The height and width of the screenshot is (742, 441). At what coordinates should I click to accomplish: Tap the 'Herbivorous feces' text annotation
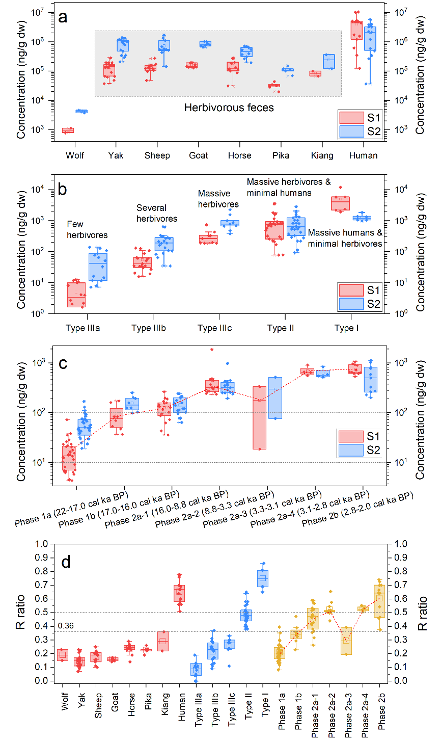click(229, 108)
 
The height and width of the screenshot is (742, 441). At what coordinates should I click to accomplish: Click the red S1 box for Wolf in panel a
click(68, 130)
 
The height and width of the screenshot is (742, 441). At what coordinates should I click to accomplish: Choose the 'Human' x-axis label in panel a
click(364, 155)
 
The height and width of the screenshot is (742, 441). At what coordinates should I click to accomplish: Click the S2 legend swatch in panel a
click(351, 131)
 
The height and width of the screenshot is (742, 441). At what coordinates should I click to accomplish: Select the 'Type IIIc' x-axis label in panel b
click(214, 328)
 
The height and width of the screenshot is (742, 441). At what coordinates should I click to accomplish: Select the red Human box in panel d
click(179, 593)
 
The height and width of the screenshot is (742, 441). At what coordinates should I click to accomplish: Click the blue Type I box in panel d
click(263, 578)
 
